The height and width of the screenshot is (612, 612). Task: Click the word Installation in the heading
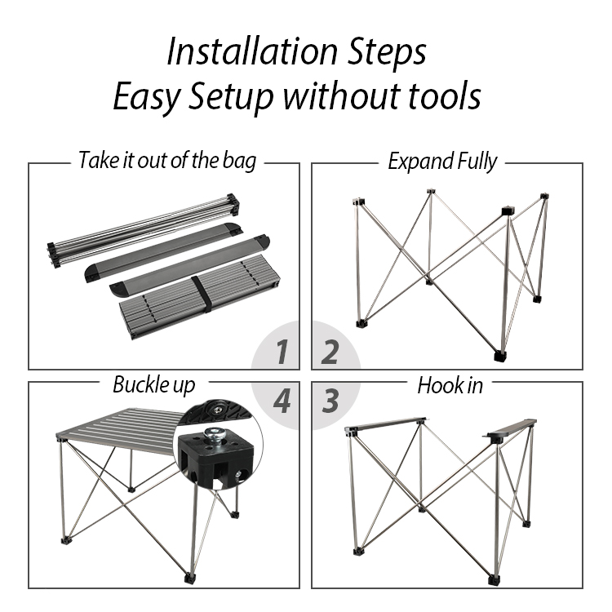pyautogui.click(x=252, y=51)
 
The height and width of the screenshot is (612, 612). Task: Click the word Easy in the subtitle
pyautogui.click(x=147, y=99)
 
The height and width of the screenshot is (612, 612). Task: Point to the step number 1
pyautogui.click(x=282, y=351)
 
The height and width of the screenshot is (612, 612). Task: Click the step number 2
pyautogui.click(x=330, y=352)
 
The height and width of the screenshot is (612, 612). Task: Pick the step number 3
pyautogui.click(x=330, y=401)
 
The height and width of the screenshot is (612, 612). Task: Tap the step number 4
pyautogui.click(x=282, y=401)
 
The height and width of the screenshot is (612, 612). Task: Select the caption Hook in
pyautogui.click(x=450, y=386)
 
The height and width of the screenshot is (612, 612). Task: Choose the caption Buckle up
pyautogui.click(x=153, y=386)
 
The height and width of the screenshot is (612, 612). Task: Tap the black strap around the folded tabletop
pyautogui.click(x=202, y=295)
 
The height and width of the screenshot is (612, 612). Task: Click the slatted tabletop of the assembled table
pyautogui.click(x=121, y=429)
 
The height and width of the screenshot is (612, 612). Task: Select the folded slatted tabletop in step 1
pyautogui.click(x=200, y=297)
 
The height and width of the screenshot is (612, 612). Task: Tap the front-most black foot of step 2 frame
pyautogui.click(x=500, y=356)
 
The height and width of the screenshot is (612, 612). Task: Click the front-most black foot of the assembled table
pyautogui.click(x=189, y=577)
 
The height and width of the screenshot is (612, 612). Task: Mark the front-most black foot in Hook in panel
pyautogui.click(x=494, y=579)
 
